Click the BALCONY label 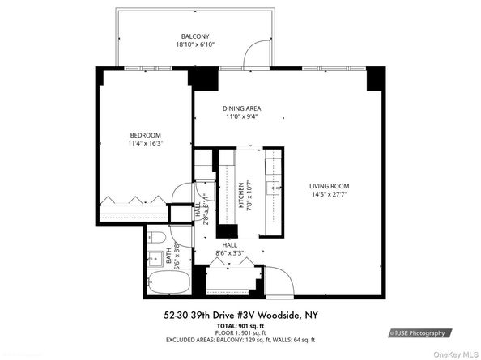(194, 36)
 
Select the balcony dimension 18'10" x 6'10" (194, 45)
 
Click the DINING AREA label (242, 108)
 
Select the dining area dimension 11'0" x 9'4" (242, 116)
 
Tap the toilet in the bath (159, 236)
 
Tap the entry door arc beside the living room (280, 282)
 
